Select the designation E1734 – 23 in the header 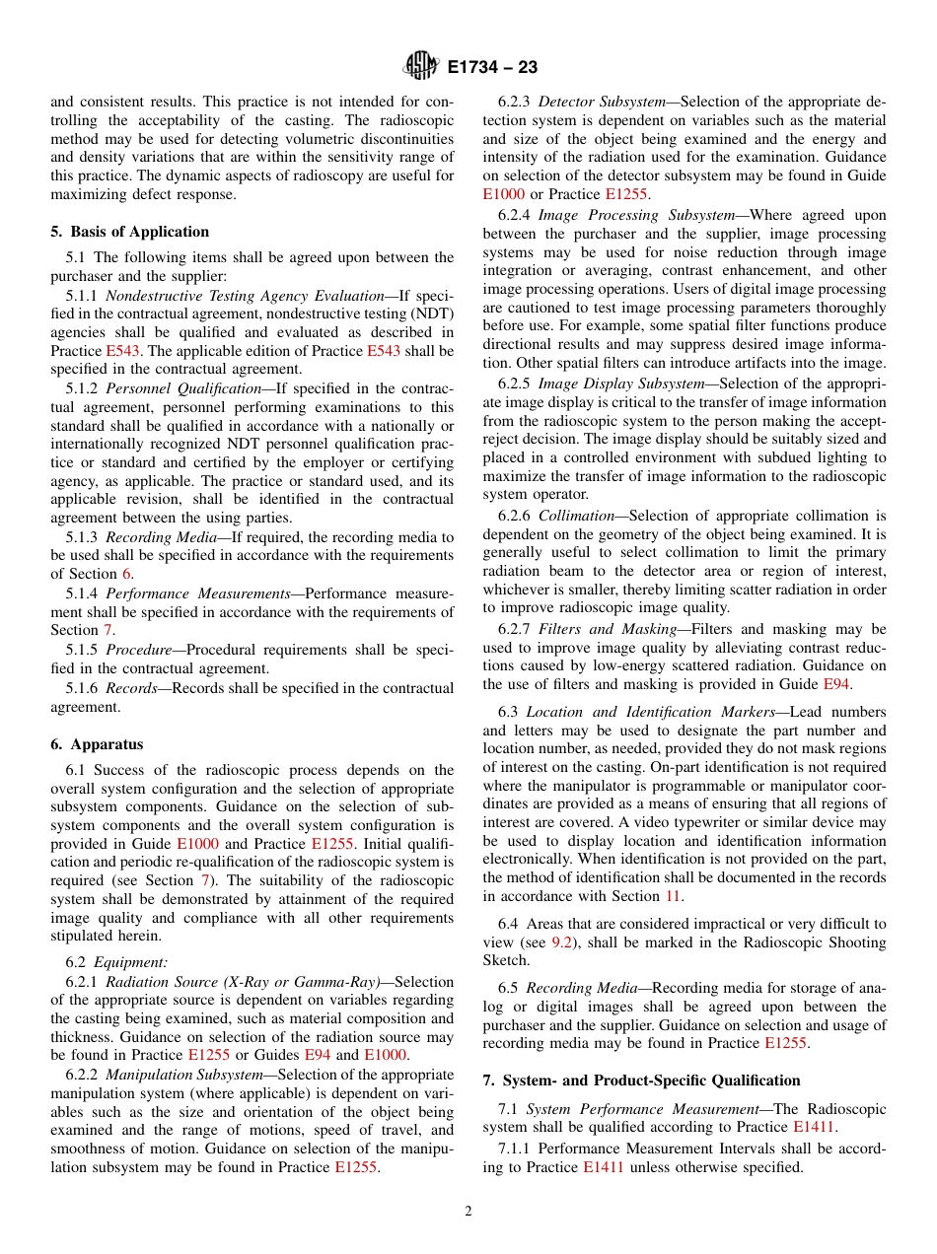(491, 68)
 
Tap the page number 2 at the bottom (468, 1212)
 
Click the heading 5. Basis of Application (129, 232)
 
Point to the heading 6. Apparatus (97, 744)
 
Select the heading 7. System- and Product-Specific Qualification (641, 1080)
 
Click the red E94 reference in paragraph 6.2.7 (836, 684)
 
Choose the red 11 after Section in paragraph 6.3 (674, 896)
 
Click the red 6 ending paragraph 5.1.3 (126, 574)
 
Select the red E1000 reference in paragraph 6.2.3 (503, 194)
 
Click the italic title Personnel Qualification (182, 388)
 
